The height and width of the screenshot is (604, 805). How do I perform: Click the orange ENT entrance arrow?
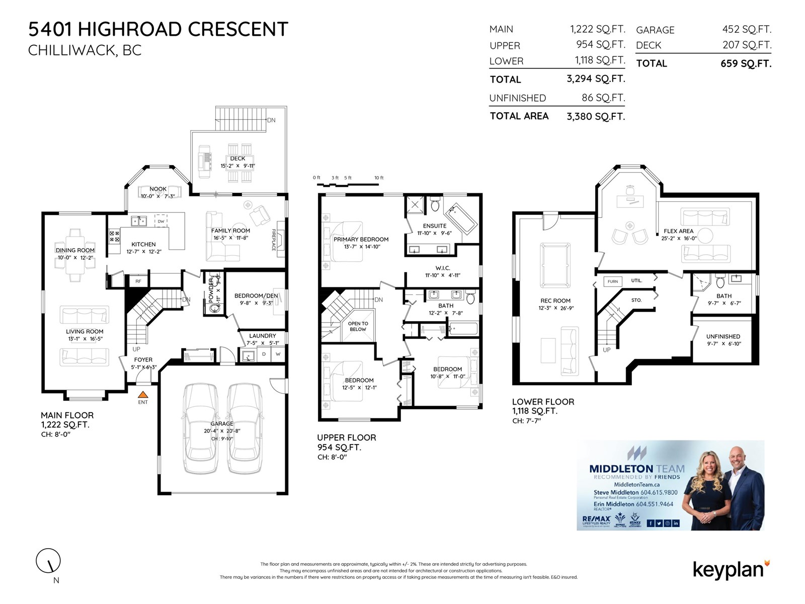(x=143, y=395)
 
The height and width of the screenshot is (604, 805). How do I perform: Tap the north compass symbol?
(x=48, y=561)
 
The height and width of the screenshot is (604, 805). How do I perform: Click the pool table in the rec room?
(x=555, y=265)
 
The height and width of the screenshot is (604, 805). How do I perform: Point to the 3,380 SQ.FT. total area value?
(x=595, y=116)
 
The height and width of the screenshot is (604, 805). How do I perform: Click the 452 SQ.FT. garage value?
(x=747, y=30)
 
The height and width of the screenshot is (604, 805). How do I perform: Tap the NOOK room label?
(x=158, y=189)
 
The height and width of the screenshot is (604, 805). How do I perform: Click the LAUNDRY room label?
(x=262, y=336)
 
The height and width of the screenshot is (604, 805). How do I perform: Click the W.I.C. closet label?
(x=443, y=268)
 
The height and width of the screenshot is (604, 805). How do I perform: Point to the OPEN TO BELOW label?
(x=358, y=326)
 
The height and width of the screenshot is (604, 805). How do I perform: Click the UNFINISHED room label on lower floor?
(x=723, y=336)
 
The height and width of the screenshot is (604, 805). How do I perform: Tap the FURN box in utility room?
(x=612, y=281)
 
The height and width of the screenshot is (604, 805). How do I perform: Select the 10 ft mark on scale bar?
(x=379, y=178)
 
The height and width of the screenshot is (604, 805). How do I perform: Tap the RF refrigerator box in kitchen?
(x=138, y=281)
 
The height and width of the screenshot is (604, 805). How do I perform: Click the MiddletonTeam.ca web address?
(x=636, y=484)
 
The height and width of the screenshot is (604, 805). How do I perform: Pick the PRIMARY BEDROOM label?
(x=361, y=239)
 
